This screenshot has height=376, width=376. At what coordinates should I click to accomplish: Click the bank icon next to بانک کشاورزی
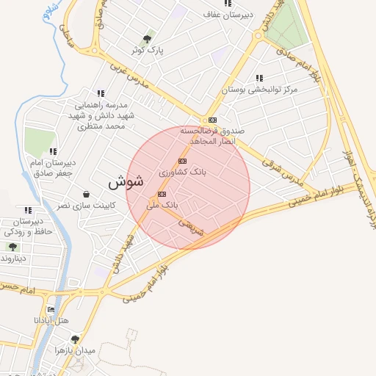[x=182, y=161]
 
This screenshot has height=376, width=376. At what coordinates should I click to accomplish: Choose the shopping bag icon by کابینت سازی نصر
[x=87, y=195]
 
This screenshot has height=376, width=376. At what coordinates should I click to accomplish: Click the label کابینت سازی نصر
[x=85, y=206]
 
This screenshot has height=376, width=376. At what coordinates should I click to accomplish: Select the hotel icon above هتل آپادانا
[x=50, y=309]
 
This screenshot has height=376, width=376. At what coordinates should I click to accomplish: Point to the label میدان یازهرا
[x=76, y=351]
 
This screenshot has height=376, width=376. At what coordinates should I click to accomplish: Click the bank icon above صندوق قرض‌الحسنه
[x=212, y=119]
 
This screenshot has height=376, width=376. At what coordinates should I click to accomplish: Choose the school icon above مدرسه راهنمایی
[x=100, y=93]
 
